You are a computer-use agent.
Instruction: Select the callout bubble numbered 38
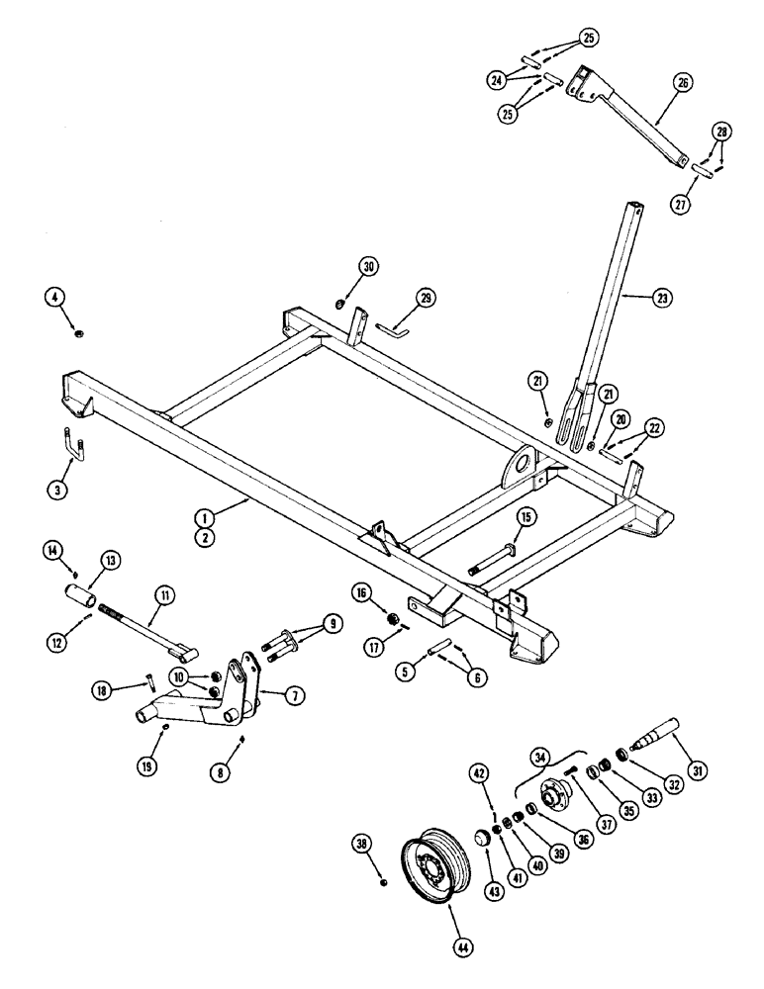tap(361, 844)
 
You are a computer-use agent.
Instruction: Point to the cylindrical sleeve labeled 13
tap(78, 599)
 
